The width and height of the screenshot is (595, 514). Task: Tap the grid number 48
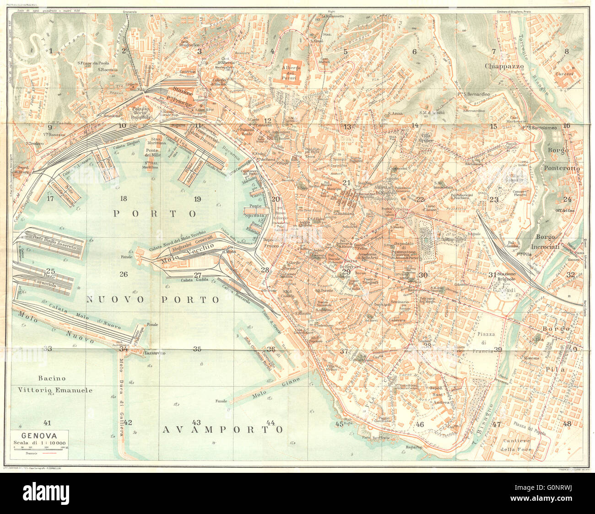coord(567,424)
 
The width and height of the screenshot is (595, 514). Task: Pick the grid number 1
coord(51,51)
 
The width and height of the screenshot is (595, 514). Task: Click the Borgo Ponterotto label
coord(561,159)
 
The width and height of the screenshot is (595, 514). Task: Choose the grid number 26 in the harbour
coord(123,274)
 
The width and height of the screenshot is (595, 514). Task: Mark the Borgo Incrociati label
coord(552,241)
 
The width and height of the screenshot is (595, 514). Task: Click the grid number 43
coord(197,422)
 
